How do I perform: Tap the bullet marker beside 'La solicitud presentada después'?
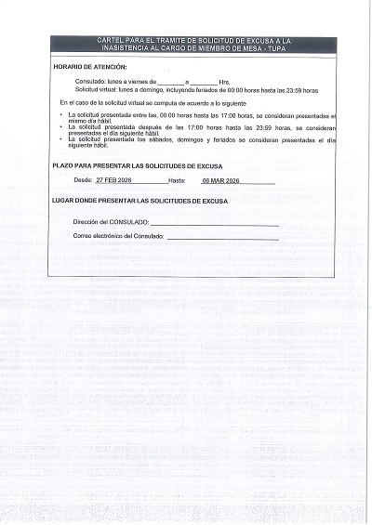[61, 127]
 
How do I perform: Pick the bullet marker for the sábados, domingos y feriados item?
[61, 139]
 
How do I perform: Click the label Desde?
[83, 179]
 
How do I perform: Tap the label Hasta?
[178, 179]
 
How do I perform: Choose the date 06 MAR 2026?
[220, 179]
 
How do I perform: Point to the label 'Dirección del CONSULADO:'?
[111, 223]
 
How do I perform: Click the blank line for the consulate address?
[214, 225]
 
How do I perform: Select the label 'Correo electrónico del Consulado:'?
[118, 237]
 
